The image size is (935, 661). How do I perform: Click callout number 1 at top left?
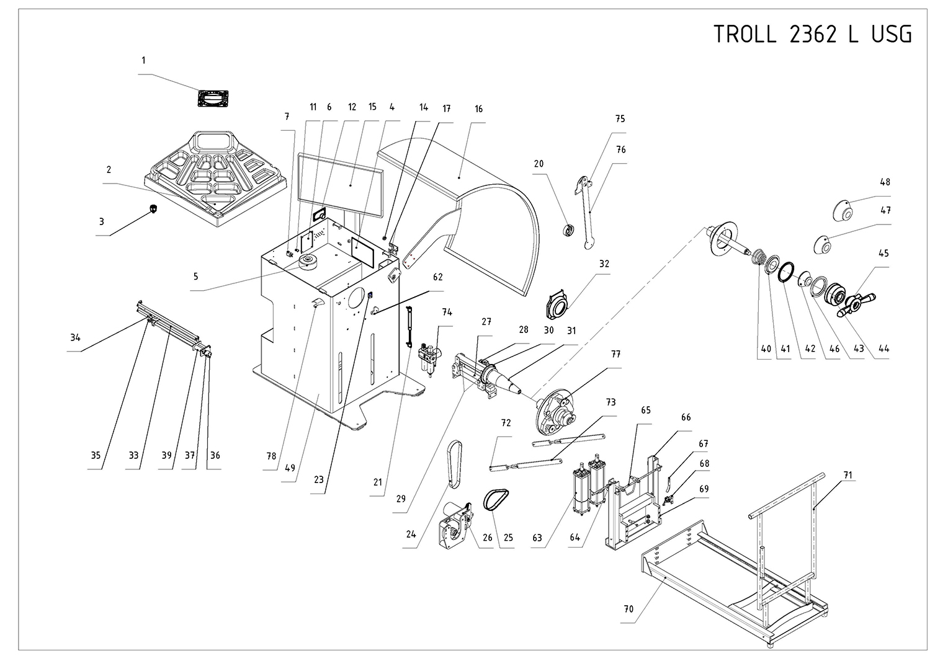point(143,61)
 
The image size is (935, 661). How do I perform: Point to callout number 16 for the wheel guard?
point(478,109)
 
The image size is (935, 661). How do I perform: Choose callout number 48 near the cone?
point(885,182)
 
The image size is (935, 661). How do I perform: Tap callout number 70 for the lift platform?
point(629,609)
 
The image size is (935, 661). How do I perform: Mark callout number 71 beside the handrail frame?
point(848,476)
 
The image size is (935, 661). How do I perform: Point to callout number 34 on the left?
point(75,338)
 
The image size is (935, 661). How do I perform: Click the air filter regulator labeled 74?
point(429,359)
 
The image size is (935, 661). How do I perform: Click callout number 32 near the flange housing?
point(604,264)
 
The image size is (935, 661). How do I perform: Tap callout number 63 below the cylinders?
point(537,538)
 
